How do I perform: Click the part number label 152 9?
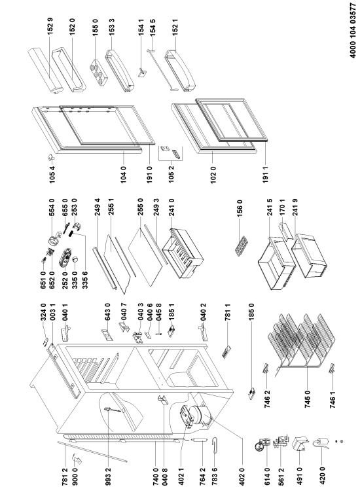tap(50, 26)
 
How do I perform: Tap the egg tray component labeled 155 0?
tap(99, 73)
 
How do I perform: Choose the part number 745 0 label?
tap(308, 400)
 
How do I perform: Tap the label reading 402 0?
tap(242, 476)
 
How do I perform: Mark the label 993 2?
tap(108, 476)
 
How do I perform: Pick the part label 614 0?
tap(266, 476)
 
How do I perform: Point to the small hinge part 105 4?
tap(51, 157)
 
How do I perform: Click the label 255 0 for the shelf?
tap(141, 207)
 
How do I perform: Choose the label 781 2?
tap(65, 476)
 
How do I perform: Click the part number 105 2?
tap(171, 174)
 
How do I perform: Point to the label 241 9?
tap(295, 207)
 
